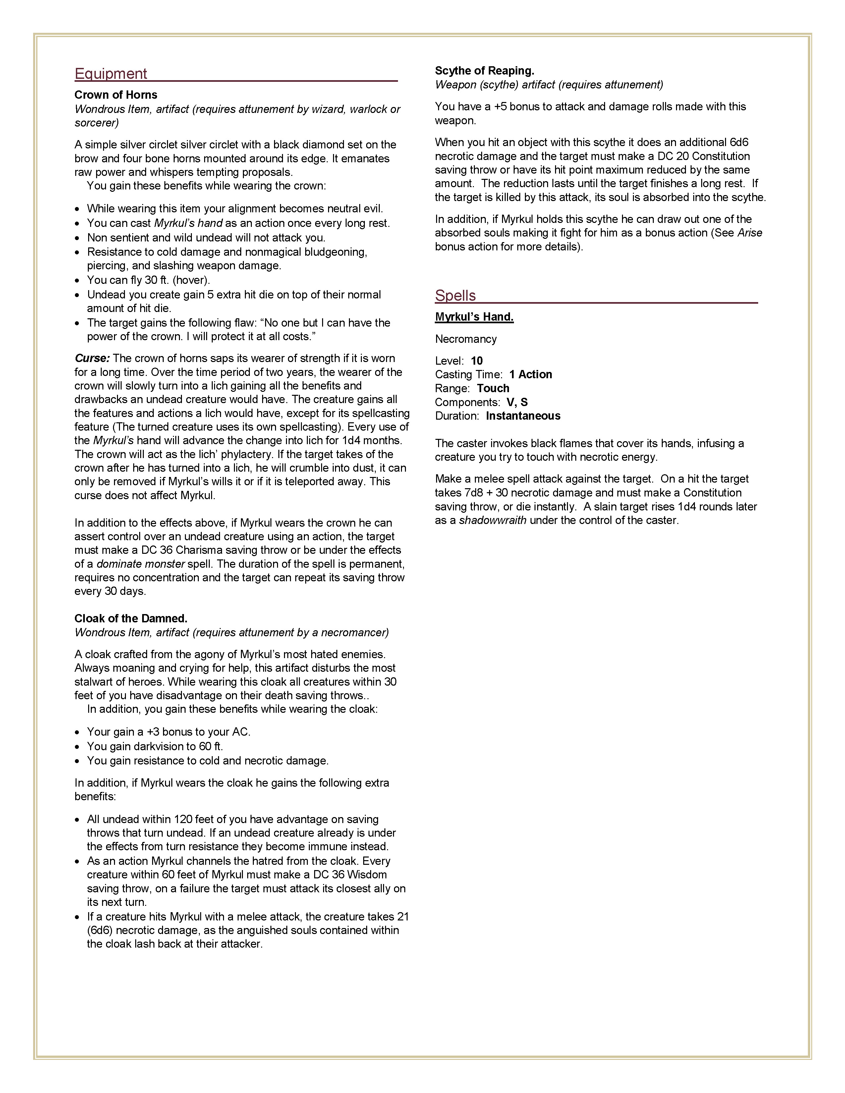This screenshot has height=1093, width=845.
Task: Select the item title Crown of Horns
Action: pyautogui.click(x=116, y=95)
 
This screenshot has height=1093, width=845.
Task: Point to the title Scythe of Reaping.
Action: pyautogui.click(x=484, y=71)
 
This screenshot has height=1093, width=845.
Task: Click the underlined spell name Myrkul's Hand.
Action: pyautogui.click(x=474, y=317)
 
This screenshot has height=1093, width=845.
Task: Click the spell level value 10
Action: pyautogui.click(x=477, y=361)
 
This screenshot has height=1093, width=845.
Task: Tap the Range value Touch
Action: pyautogui.click(x=493, y=389)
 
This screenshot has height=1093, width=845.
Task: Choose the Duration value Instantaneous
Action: pyautogui.click(x=523, y=416)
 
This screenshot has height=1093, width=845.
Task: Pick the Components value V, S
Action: pyautogui.click(x=517, y=402)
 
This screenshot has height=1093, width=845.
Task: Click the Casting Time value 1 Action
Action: pyautogui.click(x=531, y=374)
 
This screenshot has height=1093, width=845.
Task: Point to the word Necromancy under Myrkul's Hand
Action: pyautogui.click(x=466, y=339)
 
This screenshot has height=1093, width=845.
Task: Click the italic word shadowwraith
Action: pyautogui.click(x=492, y=520)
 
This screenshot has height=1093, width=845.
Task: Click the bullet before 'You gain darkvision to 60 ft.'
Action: pyautogui.click(x=77, y=747)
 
